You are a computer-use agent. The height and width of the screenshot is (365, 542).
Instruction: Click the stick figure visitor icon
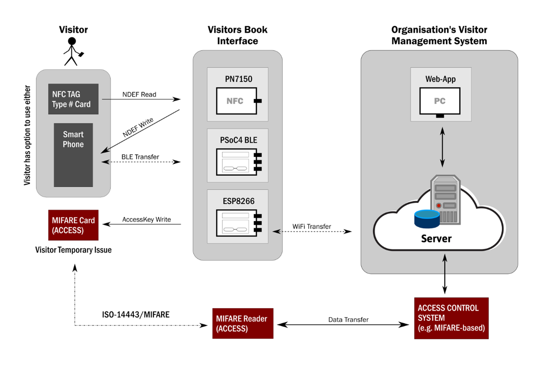click(x=72, y=52)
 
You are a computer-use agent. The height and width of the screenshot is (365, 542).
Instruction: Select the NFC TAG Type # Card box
click(x=73, y=99)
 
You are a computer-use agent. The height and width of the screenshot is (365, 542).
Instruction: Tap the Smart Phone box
click(x=73, y=155)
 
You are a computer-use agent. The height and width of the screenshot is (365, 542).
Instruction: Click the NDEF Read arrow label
click(x=139, y=95)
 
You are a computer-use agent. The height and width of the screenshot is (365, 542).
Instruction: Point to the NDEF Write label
click(x=138, y=127)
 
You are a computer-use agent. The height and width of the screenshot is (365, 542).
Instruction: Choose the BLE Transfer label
click(x=140, y=157)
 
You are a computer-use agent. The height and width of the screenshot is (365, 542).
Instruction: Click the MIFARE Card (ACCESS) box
click(x=73, y=225)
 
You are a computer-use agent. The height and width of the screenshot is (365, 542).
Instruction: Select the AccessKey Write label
click(x=146, y=220)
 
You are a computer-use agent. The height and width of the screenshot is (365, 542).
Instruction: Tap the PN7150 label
click(x=239, y=79)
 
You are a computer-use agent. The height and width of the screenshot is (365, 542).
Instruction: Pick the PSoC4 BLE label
click(x=239, y=140)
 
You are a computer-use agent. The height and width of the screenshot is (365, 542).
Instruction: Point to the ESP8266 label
click(x=239, y=201)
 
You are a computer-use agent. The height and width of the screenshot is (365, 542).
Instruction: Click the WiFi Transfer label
click(x=312, y=227)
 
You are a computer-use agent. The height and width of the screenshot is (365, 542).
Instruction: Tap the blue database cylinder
click(x=427, y=219)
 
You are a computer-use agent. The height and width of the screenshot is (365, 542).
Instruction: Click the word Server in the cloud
click(x=436, y=238)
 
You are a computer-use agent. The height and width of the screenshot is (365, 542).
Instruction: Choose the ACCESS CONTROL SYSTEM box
click(x=451, y=318)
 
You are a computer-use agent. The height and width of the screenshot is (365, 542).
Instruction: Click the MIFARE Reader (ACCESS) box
click(x=243, y=324)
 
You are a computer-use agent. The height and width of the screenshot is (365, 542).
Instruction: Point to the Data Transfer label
click(x=348, y=320)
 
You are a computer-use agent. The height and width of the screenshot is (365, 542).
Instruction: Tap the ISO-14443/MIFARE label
click(x=136, y=315)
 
